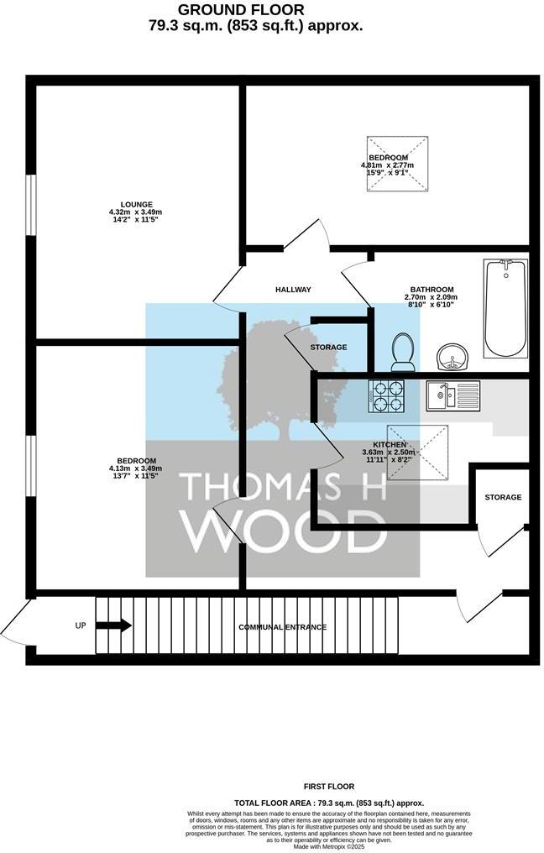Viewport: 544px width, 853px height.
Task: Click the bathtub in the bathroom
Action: [505, 309]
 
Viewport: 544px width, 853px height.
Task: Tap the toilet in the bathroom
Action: [403, 351]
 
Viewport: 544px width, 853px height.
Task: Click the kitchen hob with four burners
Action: [386, 395]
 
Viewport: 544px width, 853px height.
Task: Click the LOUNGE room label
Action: [136, 204]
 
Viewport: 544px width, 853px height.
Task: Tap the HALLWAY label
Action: [293, 290]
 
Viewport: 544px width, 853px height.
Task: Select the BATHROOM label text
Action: [432, 290]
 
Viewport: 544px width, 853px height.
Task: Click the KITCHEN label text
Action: [390, 445]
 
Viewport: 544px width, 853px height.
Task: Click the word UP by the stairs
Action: [81, 625]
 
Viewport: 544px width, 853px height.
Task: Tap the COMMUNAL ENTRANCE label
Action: [282, 627]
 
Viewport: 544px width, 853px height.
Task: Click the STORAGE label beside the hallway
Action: [328, 347]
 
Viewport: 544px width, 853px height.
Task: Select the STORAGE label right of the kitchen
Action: [503, 497]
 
